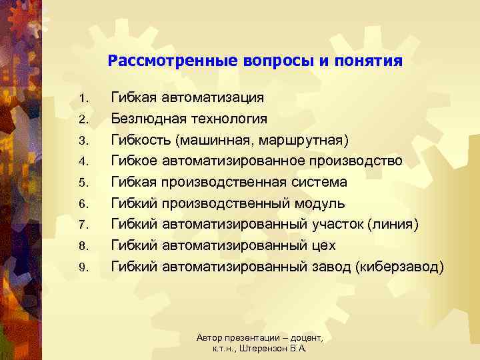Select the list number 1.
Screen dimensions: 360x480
83,99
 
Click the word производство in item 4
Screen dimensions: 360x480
356,161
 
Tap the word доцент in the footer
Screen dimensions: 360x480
304,339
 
